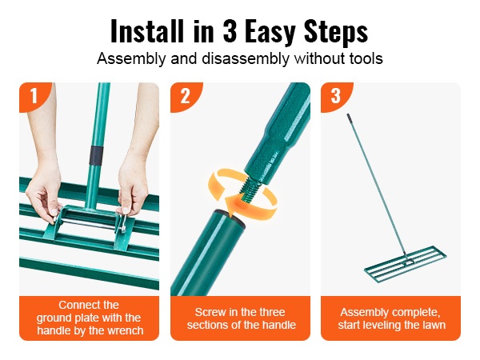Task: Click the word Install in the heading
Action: pyautogui.click(x=147, y=30)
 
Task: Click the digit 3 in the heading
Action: pyautogui.click(x=230, y=30)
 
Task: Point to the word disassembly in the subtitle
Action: pyautogui.click(x=246, y=58)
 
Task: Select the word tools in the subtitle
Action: pyautogui.click(x=366, y=58)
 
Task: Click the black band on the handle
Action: pyautogui.click(x=97, y=155)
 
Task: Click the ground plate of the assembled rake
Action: pyautogui.click(x=405, y=264)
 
